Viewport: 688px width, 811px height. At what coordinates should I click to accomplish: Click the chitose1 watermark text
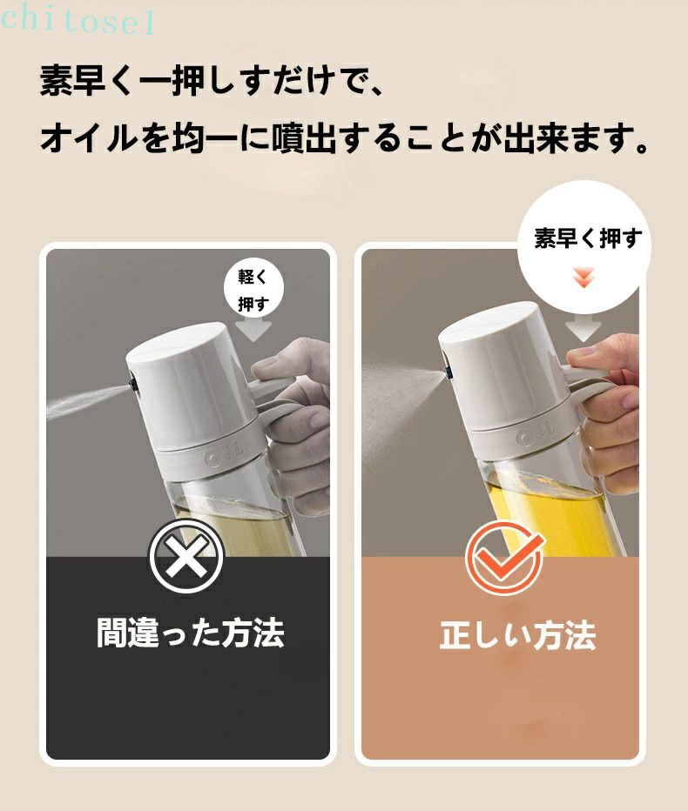[x=78, y=21]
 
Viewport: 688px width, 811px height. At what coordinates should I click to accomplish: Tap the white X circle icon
[x=186, y=556]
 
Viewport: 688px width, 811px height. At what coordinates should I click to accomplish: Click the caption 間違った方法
[x=191, y=633]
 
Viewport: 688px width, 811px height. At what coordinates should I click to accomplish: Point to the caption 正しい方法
[x=517, y=635]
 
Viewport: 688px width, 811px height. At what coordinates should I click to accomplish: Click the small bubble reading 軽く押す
[x=253, y=290]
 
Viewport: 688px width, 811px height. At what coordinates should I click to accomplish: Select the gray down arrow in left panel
[x=253, y=330]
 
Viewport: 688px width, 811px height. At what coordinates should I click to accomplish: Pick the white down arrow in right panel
[x=583, y=329]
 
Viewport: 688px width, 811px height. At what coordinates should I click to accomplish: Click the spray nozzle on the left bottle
[x=132, y=385]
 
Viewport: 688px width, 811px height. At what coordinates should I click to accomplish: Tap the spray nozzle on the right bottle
[x=448, y=372]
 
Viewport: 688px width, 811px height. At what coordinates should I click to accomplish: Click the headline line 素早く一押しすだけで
[x=212, y=81]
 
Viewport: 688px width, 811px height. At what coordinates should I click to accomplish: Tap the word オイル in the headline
[x=89, y=138]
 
